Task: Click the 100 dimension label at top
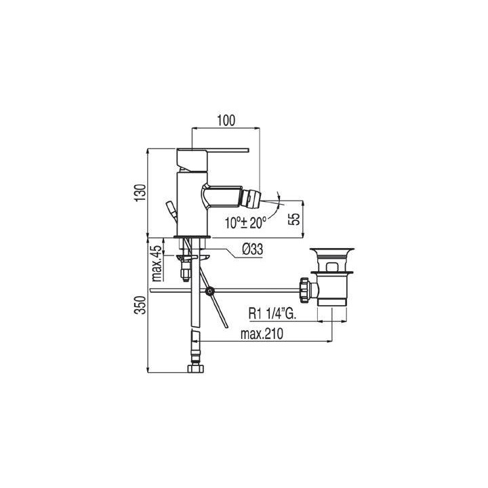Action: point(226,121)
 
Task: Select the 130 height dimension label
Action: point(141,193)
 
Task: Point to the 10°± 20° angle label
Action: point(246,223)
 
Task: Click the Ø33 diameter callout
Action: point(252,249)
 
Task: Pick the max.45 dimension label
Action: point(157,263)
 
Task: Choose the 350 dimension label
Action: point(141,305)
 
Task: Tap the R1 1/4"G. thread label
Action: point(272,314)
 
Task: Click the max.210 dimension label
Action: point(262,334)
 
